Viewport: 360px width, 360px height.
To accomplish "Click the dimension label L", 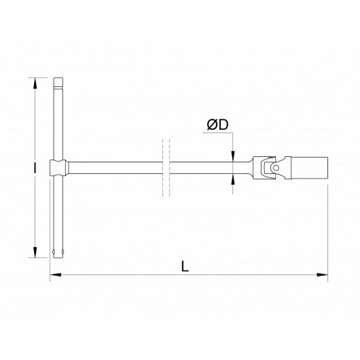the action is coord(185,266).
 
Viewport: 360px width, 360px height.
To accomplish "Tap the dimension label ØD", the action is coord(218,125).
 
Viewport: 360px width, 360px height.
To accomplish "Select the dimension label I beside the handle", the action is coord(35,168).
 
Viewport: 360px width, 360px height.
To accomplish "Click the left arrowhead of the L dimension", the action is coord(55,275).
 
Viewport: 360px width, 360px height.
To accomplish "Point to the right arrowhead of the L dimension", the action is coord(322,275).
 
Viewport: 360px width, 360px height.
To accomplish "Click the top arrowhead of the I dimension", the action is coord(35,83).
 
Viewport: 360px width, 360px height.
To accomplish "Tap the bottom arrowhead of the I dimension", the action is coord(35,252).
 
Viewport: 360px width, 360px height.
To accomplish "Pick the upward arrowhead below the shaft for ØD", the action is coord(233,179).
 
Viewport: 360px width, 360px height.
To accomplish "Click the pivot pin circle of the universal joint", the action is coord(276,168).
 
